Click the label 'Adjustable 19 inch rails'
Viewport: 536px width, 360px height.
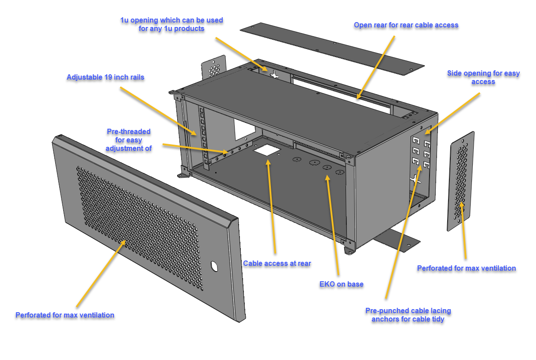tap(105, 77)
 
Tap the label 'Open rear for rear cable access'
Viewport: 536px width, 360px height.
tap(406, 25)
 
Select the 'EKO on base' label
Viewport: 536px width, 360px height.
tap(341, 284)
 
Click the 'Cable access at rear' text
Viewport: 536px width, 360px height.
tap(277, 264)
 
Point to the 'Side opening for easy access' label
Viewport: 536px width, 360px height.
tap(483, 77)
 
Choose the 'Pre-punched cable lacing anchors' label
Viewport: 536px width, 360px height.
tap(408, 315)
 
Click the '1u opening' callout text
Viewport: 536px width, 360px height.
tap(171, 24)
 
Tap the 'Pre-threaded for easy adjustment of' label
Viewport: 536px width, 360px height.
tap(129, 140)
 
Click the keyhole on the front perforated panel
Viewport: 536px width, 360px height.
tap(214, 266)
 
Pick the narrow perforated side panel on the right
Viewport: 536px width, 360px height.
tap(461, 181)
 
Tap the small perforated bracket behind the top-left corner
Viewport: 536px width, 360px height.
tap(214, 68)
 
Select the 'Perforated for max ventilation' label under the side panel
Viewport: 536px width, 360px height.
tap(466, 268)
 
